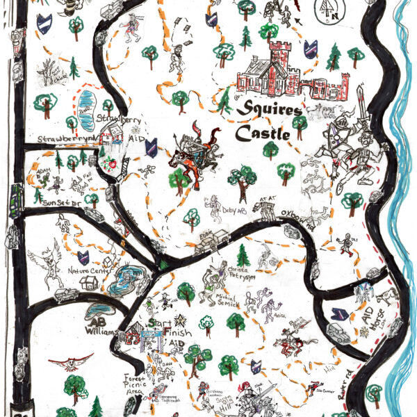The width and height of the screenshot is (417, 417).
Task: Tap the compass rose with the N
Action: click(326, 9)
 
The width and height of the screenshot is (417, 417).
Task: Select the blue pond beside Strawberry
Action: click(85, 110)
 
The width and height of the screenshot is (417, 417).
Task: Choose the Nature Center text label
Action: click(88, 271)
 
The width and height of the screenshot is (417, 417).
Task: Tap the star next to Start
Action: click(181, 320)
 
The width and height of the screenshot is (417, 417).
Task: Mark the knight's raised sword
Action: click(359, 99)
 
